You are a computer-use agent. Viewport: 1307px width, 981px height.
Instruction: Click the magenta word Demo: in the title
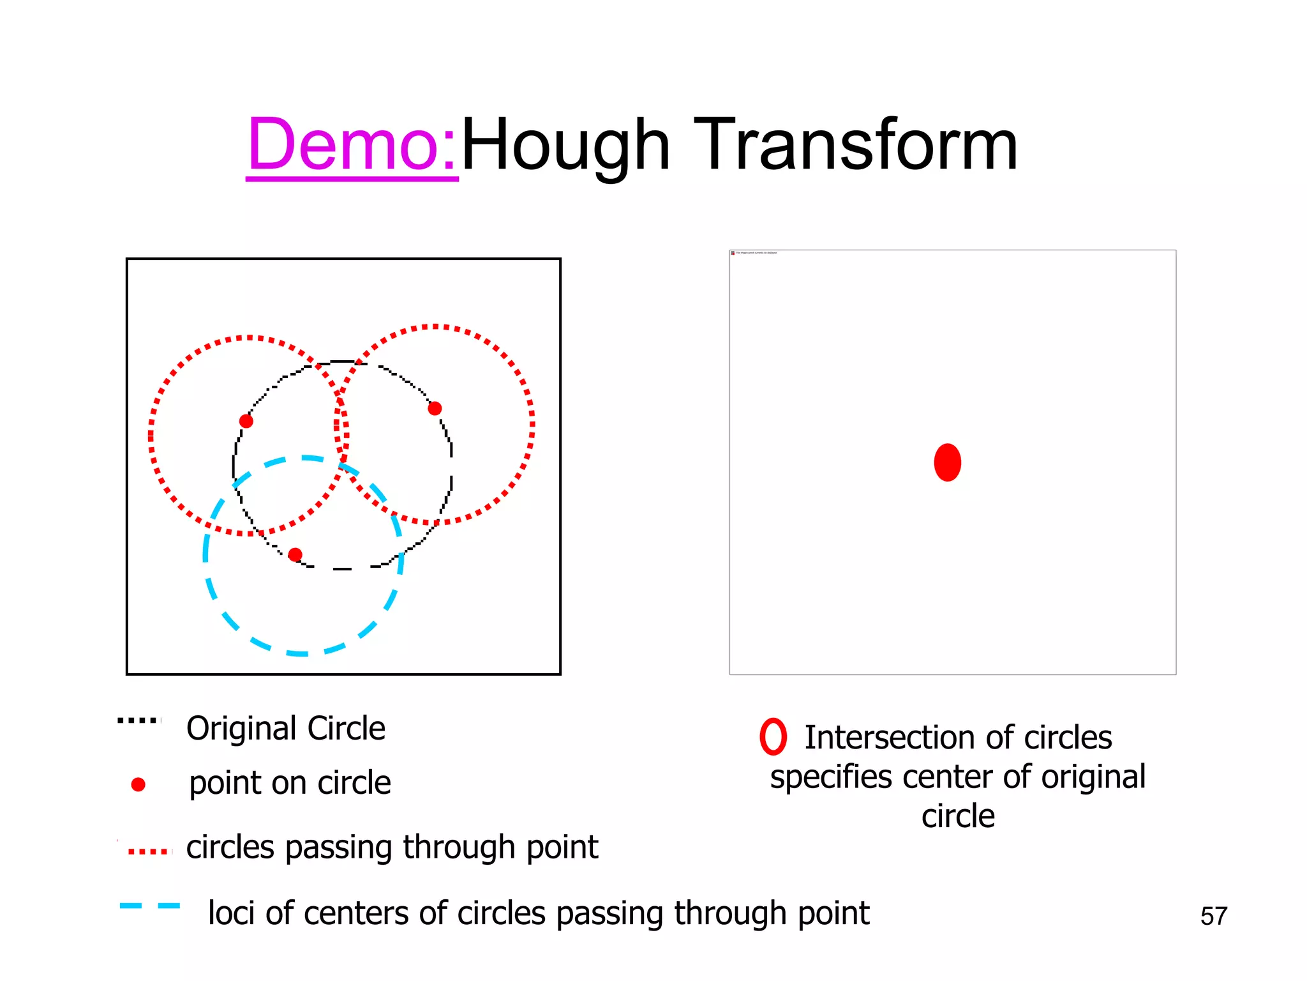tap(352, 146)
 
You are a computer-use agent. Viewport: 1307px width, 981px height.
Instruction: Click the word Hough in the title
tap(565, 146)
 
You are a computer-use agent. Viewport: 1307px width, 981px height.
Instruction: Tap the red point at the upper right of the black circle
tap(435, 408)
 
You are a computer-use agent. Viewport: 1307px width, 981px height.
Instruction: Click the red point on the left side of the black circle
tap(246, 421)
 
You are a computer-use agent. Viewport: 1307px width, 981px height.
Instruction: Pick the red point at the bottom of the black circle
tap(295, 554)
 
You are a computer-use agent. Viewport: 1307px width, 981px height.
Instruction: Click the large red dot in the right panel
tap(947, 462)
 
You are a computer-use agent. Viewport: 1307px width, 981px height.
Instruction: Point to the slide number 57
tap(1213, 916)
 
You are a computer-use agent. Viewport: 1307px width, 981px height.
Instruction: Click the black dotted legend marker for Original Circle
tap(138, 721)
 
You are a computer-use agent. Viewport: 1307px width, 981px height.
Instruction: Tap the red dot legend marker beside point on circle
tap(138, 784)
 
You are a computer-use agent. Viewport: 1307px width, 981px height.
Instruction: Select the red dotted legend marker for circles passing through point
tap(149, 851)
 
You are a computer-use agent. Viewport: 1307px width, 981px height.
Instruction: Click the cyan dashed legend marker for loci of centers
tap(150, 906)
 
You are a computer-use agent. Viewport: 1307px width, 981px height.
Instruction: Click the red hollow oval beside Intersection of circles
tap(773, 737)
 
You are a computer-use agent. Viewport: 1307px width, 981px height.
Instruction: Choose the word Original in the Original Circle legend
tap(242, 729)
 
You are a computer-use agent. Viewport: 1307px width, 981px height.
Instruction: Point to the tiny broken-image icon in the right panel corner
tap(733, 253)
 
